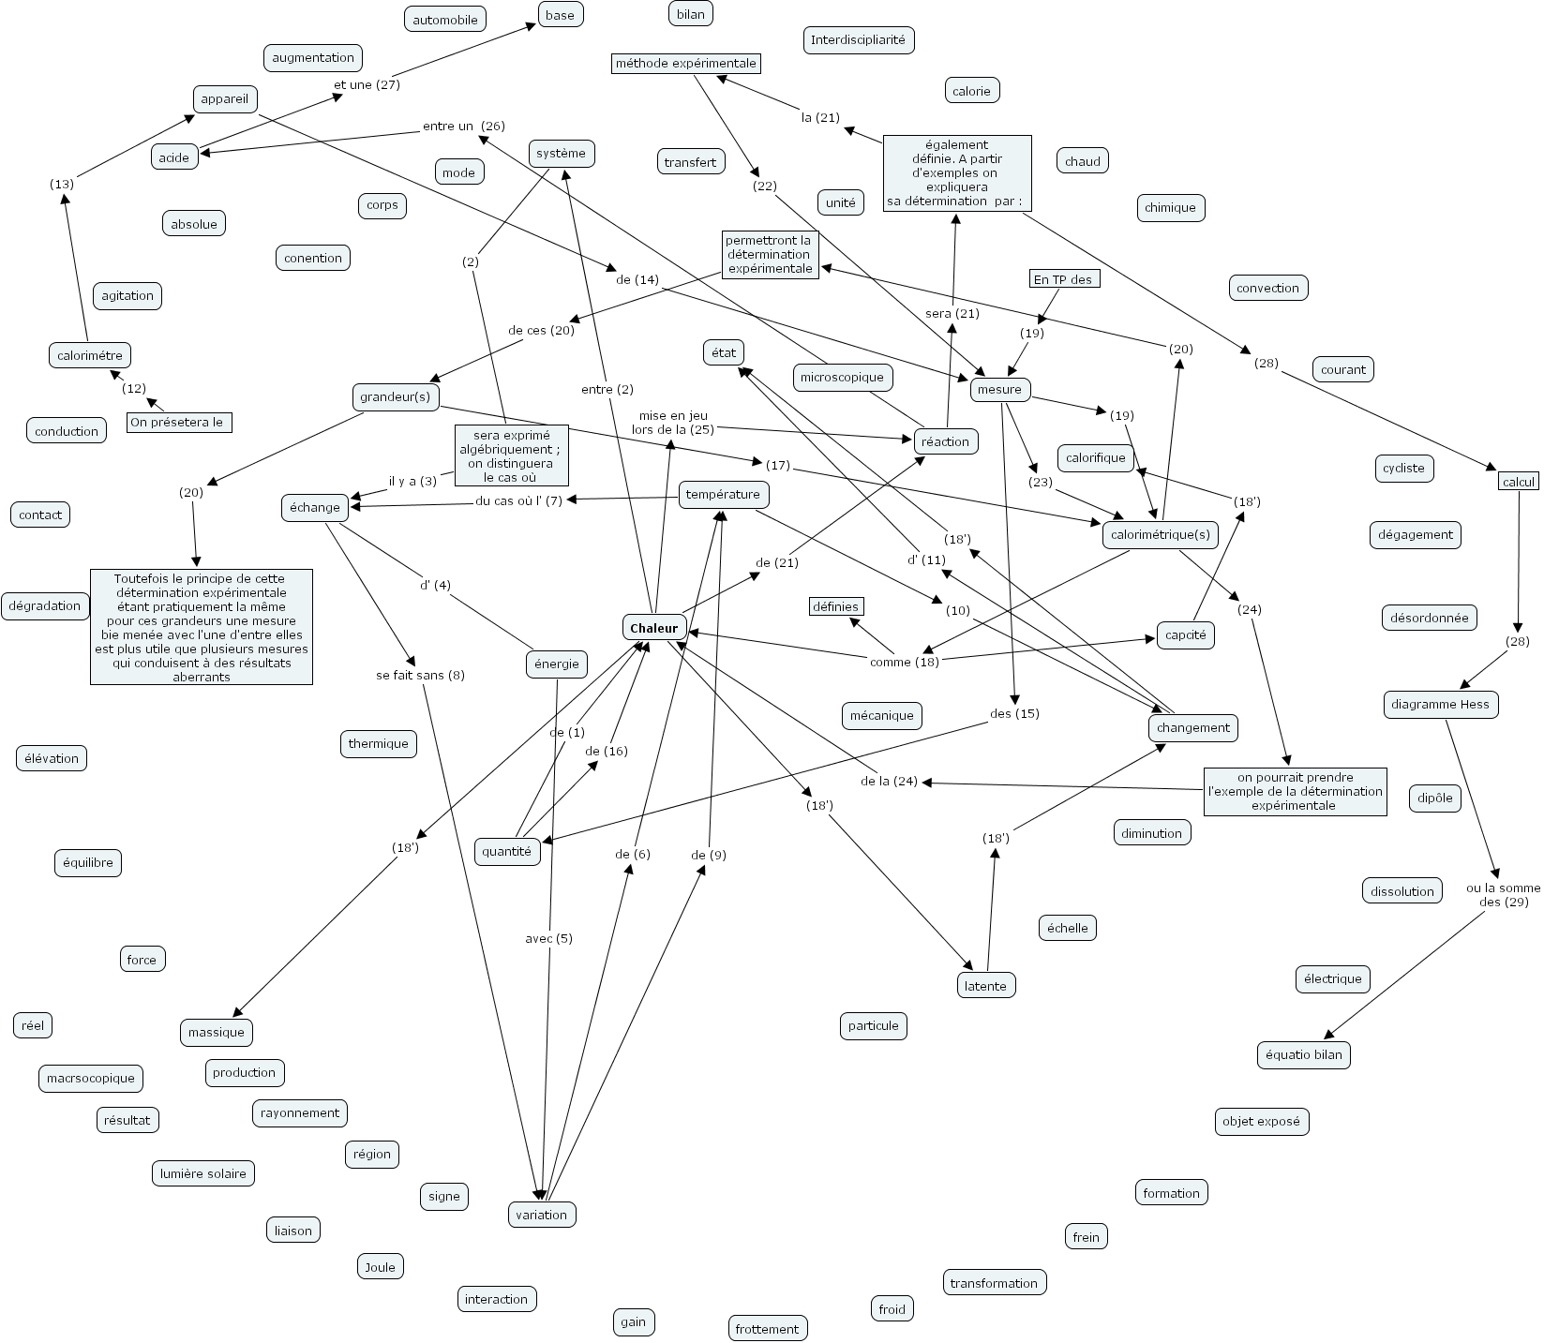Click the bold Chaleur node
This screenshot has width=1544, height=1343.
pyautogui.click(x=654, y=628)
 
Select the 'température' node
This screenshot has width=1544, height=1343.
pyautogui.click(x=724, y=495)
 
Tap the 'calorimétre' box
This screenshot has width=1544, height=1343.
pyautogui.click(x=90, y=356)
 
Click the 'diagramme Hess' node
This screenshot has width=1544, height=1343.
pyautogui.click(x=1441, y=705)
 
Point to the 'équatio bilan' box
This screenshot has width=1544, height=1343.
pyautogui.click(x=1303, y=1055)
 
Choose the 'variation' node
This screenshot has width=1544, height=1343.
pyautogui.click(x=542, y=1216)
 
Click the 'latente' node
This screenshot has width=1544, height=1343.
pyautogui.click(x=985, y=986)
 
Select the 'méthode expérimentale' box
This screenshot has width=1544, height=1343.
pyautogui.click(x=685, y=64)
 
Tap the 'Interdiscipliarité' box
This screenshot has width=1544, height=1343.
pyautogui.click(x=858, y=40)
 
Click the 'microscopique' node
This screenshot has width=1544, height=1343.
pyautogui.click(x=843, y=378)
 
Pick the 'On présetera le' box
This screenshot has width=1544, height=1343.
pyautogui.click(x=179, y=423)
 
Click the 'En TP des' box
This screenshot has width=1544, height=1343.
pyautogui.click(x=1063, y=279)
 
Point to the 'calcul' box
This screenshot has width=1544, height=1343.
pyautogui.click(x=1519, y=482)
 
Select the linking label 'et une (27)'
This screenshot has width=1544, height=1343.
pyautogui.click(x=367, y=84)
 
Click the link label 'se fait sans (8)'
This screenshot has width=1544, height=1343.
pyautogui.click(x=420, y=676)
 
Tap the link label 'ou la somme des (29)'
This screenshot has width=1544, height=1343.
pyautogui.click(x=1503, y=895)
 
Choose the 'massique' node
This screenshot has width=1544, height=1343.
pyautogui.click(x=217, y=1033)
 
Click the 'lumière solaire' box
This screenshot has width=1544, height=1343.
pyautogui.click(x=203, y=1173)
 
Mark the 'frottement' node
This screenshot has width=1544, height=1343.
pyautogui.click(x=767, y=1329)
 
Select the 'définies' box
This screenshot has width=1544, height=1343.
pyautogui.click(x=835, y=607)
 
